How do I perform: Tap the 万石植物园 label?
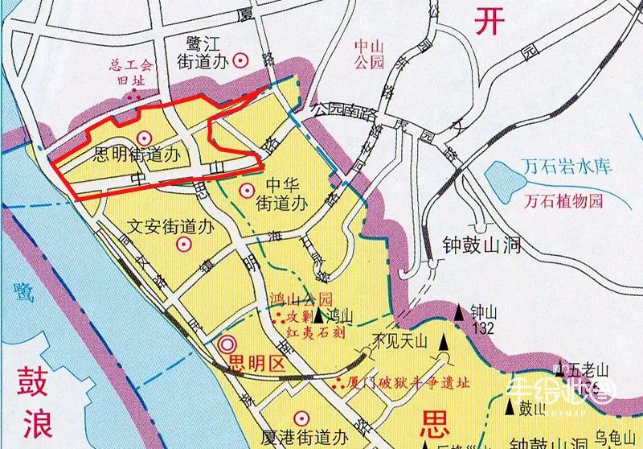point(563,201)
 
